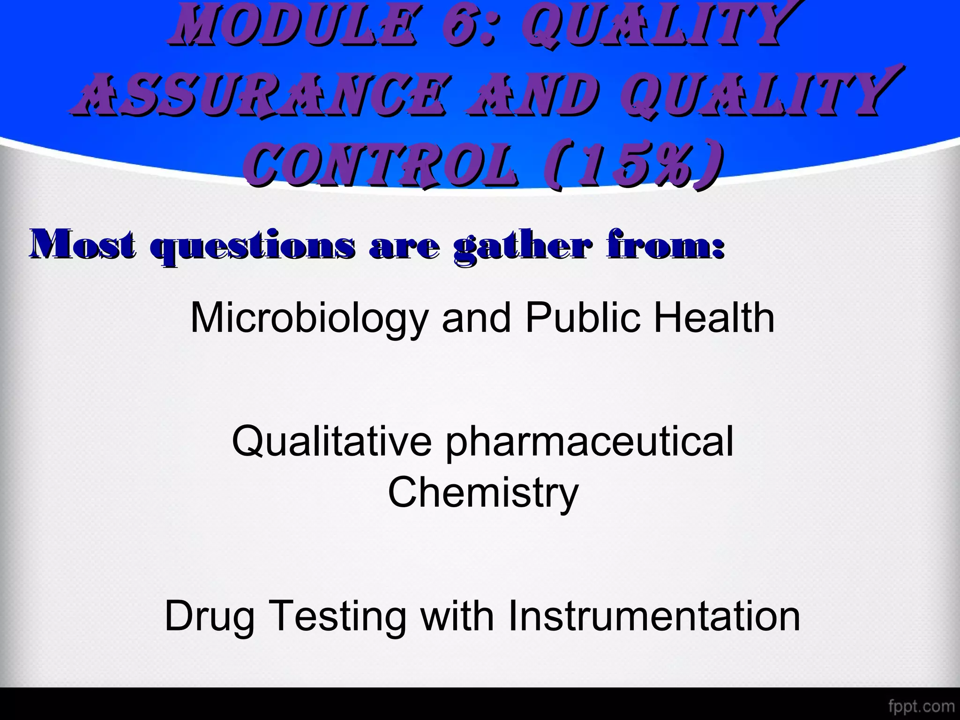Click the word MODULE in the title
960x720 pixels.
coord(293,26)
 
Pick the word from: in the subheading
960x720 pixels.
coord(666,245)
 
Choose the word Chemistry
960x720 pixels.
coord(483,493)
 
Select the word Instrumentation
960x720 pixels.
coord(654,616)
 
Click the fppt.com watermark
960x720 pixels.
coord(921,706)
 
